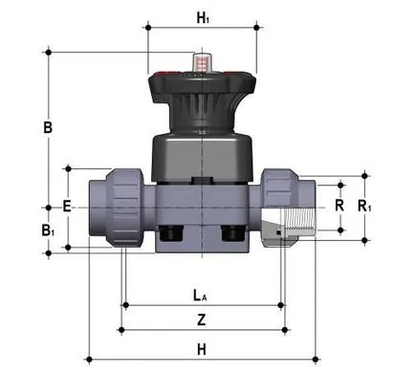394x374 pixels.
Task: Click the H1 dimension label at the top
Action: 202,16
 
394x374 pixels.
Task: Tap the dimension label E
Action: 66,206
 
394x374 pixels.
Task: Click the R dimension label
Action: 338,205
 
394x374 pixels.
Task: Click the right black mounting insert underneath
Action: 232,234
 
